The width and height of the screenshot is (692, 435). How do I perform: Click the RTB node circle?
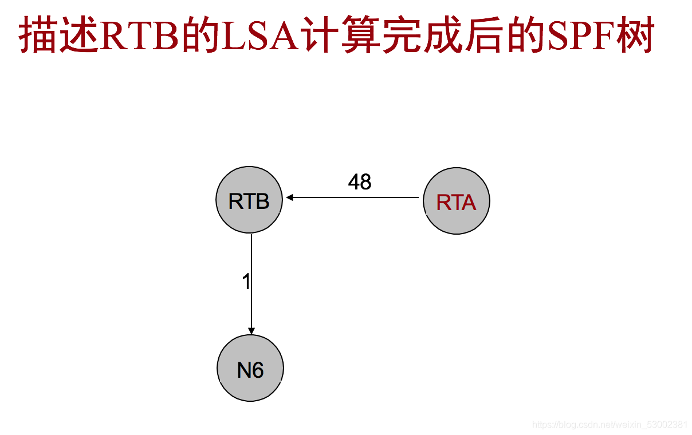(249, 200)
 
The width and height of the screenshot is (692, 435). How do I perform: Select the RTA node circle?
(456, 201)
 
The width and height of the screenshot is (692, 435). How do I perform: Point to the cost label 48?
(360, 182)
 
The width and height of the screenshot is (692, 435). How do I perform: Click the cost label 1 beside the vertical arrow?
(246, 282)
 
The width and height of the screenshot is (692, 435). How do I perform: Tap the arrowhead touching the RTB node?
(290, 197)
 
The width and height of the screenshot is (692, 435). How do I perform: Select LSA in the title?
(258, 37)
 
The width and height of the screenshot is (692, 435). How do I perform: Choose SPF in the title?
(580, 37)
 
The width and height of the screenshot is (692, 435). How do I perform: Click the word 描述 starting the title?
(58, 37)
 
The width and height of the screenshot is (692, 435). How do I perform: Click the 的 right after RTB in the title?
(198, 37)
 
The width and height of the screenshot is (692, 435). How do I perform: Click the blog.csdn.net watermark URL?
(610, 425)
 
